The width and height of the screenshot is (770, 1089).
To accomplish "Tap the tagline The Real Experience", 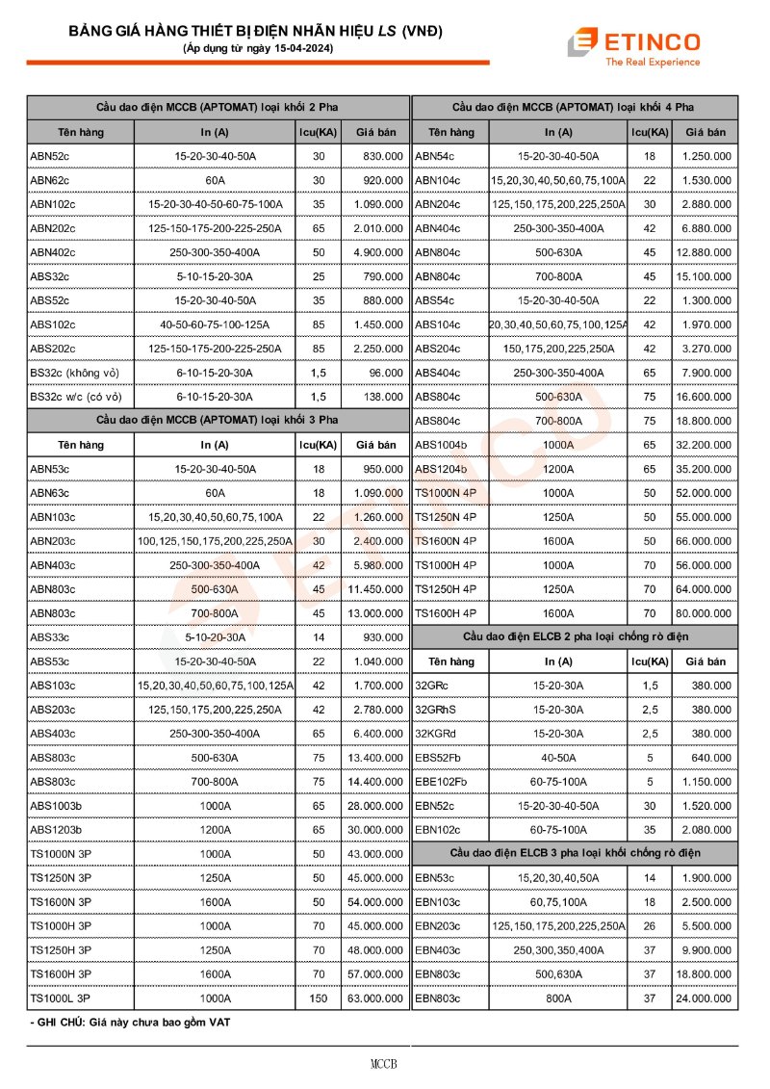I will pos(652,63).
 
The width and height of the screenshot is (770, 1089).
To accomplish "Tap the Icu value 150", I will pos(319,998).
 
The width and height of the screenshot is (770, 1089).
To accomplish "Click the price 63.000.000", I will pos(374,998).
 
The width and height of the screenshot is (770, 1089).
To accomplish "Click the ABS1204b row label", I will pos(441,469).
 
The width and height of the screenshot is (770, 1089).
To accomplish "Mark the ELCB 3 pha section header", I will pos(575,854).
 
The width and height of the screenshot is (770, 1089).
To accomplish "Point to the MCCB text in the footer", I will pos(384,1064).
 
